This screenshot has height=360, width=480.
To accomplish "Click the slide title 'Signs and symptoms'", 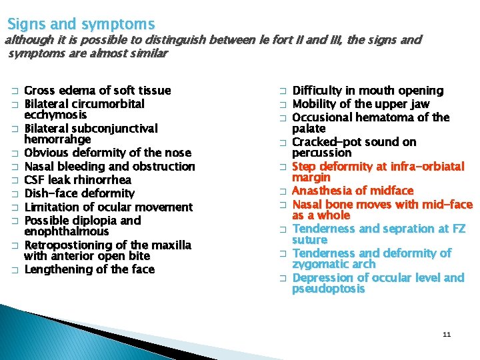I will point(81,25).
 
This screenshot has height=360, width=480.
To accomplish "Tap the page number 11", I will point(447,334).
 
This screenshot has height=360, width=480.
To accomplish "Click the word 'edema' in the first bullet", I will point(75,91).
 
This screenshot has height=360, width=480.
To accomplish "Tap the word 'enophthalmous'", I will point(66,231).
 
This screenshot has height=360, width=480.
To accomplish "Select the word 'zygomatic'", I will point(319,264).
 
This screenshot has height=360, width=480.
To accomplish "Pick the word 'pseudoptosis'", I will point(329,289).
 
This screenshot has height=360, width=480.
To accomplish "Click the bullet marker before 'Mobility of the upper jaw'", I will point(282,105).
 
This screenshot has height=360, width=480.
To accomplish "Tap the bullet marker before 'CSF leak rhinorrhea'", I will point(14,181).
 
